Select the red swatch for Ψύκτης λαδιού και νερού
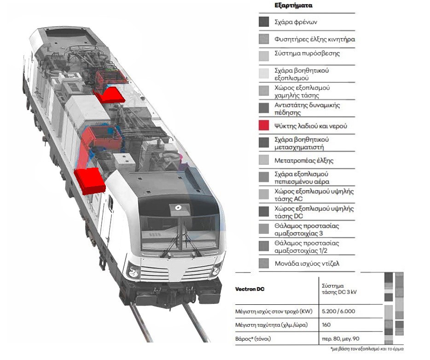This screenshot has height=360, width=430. (x=264, y=126)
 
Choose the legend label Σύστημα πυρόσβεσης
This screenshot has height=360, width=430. (x=307, y=53)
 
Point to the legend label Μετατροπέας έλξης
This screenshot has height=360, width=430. (x=303, y=161)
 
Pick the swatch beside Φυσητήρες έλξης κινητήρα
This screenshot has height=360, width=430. (x=264, y=39)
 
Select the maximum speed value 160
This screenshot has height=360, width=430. (x=326, y=325)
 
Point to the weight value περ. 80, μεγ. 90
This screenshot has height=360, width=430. (x=341, y=339)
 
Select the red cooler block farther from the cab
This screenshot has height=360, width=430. (x=110, y=94)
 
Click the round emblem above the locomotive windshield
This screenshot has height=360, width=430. (x=177, y=209)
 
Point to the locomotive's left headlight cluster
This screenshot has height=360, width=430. (x=134, y=271)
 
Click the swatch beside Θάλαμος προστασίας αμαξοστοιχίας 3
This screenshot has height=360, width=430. (x=264, y=229)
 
